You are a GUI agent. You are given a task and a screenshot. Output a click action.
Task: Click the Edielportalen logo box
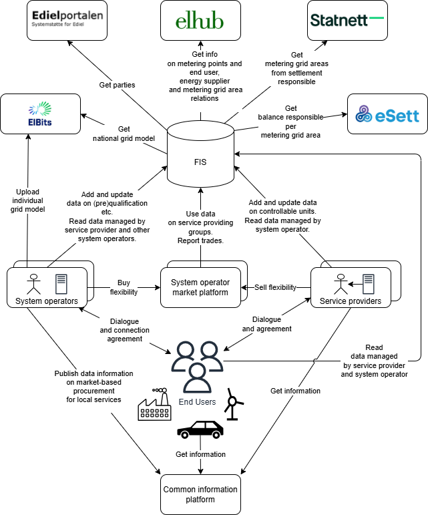[x=67, y=20]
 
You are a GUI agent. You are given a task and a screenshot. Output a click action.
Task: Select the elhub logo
[x=200, y=20]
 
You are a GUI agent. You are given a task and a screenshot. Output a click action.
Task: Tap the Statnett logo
[x=347, y=20]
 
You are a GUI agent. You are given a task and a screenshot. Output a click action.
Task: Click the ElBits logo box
[x=40, y=114]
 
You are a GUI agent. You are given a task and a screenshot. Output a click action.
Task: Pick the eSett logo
[x=387, y=114]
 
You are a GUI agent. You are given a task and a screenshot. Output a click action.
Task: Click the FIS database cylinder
[x=200, y=154]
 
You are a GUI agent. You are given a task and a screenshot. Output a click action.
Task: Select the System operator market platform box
[x=200, y=287]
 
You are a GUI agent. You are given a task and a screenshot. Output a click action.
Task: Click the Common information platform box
[x=200, y=494]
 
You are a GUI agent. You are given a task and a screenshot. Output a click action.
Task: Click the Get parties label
[x=117, y=85]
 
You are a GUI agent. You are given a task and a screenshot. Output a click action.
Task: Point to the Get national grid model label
[x=124, y=134]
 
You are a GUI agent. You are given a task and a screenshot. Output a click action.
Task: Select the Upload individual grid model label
[x=27, y=200]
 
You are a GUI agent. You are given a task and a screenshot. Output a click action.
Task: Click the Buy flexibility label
[x=124, y=287]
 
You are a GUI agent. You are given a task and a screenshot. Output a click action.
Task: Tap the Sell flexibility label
[x=275, y=287]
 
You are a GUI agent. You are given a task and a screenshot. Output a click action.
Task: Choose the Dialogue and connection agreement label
[x=124, y=330]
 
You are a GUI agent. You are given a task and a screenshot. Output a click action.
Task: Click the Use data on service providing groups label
[x=200, y=227]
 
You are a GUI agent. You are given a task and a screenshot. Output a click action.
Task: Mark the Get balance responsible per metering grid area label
[x=290, y=122]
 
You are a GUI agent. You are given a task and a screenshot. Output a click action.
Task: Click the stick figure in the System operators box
[x=32, y=284]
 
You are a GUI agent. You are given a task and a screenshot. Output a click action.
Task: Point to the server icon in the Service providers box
[x=368, y=284]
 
